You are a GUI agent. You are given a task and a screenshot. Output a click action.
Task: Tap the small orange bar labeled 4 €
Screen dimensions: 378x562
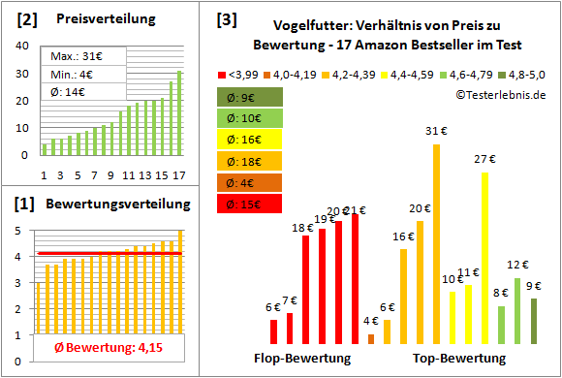pos(371,338)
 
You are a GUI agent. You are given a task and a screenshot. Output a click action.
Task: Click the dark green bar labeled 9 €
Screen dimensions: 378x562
pos(534,321)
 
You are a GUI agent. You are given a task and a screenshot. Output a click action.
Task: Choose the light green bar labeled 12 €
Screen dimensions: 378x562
pos(517,311)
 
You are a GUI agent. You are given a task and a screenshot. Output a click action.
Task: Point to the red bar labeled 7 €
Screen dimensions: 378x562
pos(290,329)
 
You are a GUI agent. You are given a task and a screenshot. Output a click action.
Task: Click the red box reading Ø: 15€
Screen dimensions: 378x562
pos(249,204)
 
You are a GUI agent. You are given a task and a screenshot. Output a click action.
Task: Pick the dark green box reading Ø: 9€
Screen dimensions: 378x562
pos(249,97)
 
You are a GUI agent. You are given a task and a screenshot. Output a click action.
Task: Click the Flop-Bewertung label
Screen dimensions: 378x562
pos(301,358)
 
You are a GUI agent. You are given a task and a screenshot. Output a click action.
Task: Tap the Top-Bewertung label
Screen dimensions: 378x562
pos(458,358)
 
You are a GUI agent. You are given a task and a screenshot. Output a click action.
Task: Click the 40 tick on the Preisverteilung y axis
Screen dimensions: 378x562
pos(23,44)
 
